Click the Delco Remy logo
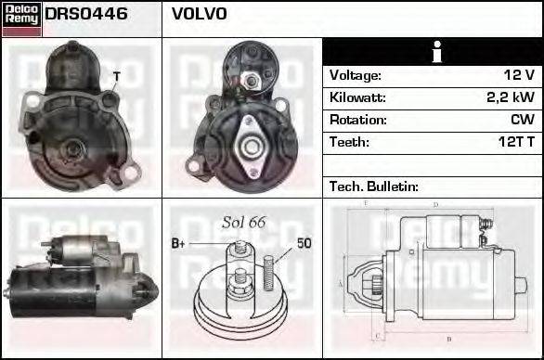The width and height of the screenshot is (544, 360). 20,17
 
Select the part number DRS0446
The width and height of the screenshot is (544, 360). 86,15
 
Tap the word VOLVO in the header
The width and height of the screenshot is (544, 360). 199,15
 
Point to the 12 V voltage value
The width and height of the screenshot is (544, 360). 517,75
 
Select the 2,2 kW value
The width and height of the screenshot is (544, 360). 510,97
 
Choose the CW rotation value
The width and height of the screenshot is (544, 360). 521,120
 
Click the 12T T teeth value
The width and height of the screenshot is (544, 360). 515,142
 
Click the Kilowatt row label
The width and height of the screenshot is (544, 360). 357,97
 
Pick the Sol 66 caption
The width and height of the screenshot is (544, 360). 244,224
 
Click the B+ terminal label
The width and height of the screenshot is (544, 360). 180,244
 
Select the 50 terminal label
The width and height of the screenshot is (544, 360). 304,243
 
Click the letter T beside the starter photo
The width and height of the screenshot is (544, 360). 116,75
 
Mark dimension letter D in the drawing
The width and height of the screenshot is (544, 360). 435,204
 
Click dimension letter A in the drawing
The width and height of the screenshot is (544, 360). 341,282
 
